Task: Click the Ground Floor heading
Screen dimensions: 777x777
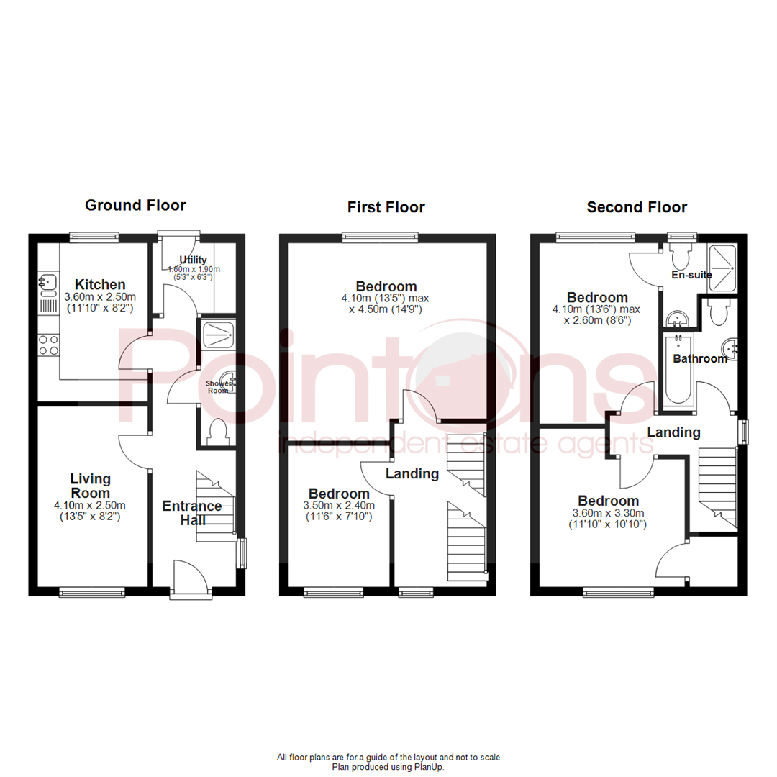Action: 135,206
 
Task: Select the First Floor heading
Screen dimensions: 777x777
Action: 386,207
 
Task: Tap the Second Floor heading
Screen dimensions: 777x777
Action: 637,207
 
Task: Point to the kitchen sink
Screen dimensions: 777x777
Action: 48,283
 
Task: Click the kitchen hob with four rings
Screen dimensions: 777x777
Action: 49,345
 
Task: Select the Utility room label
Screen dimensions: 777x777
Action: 194,260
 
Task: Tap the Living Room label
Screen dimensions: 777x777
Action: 90,486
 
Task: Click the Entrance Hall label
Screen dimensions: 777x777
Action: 192,512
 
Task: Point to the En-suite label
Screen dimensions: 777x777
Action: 691,274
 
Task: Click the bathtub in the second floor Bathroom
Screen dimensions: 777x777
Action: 678,369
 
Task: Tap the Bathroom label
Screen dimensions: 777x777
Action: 700,358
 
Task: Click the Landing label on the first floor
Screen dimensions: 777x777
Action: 412,473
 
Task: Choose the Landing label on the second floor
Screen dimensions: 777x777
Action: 673,432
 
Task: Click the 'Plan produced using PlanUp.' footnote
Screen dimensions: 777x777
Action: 388,767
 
